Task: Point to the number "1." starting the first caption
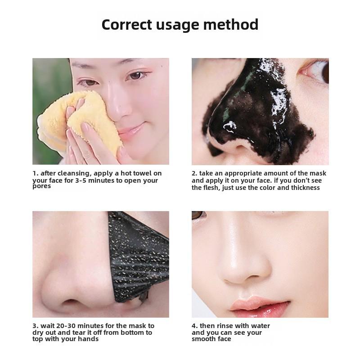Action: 35,173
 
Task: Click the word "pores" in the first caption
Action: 41,186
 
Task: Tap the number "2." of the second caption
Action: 194,173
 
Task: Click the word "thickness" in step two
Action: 305,188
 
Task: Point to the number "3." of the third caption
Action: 35,326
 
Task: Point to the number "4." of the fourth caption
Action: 194,326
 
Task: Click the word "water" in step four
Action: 260,326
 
